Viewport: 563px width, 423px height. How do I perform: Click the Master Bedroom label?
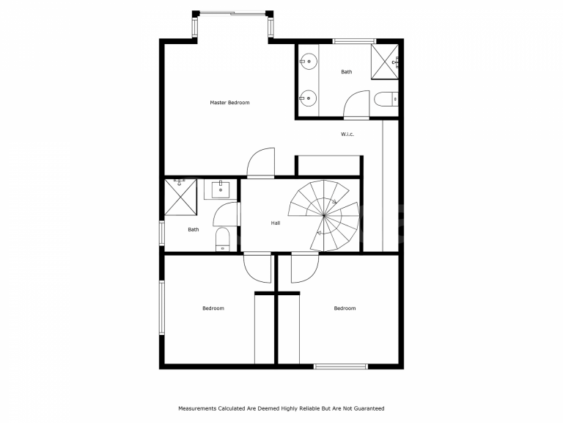pyautogui.click(x=229, y=103)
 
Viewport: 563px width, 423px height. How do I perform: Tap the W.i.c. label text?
pyautogui.click(x=347, y=134)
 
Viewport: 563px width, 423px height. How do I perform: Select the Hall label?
pyautogui.click(x=275, y=223)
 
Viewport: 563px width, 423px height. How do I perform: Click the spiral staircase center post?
pyautogui.click(x=324, y=215)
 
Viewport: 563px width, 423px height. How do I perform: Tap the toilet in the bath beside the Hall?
pyautogui.click(x=223, y=239)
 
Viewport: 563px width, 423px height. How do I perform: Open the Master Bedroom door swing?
pyautogui.click(x=260, y=163)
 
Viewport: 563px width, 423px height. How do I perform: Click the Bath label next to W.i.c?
pyautogui.click(x=346, y=72)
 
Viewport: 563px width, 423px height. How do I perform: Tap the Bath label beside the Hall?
pyautogui.click(x=193, y=230)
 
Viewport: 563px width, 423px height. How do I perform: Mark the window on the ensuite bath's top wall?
pyautogui.click(x=354, y=41)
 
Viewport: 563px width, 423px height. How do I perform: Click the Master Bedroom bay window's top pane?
pyautogui.click(x=232, y=12)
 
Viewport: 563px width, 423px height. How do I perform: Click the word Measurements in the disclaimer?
pyautogui.click(x=198, y=408)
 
